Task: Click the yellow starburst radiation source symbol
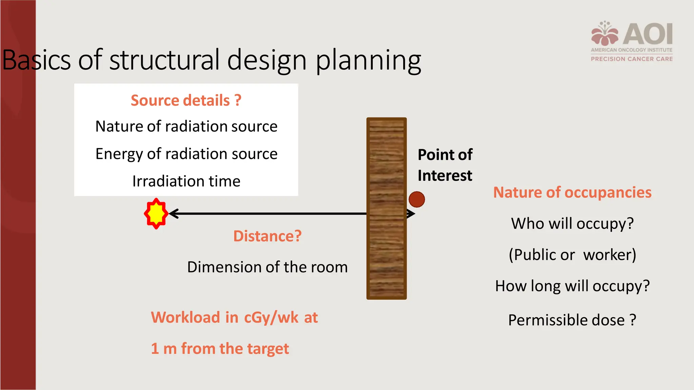tap(156, 214)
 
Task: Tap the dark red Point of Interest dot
tap(416, 199)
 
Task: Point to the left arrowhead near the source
tap(173, 214)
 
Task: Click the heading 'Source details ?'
tap(186, 101)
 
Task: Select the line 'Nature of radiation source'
tap(186, 126)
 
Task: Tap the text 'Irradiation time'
tap(186, 181)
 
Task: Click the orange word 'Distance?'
tap(267, 236)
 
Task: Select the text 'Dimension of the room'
tap(267, 267)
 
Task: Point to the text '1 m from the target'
tap(220, 348)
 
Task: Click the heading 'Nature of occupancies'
tap(572, 192)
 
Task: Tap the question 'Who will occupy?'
tap(572, 223)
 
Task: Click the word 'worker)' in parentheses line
tap(609, 255)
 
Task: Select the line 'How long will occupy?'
tap(572, 286)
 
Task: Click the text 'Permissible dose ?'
tap(572, 320)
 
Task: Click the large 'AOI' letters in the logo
tap(648, 34)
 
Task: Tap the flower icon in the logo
tap(605, 34)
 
